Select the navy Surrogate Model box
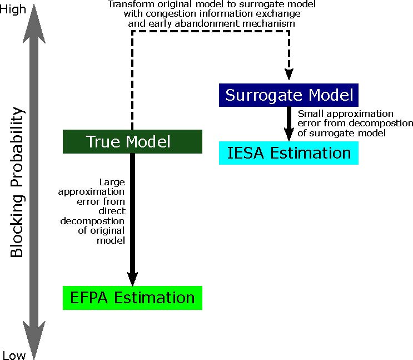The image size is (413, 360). [x=288, y=95]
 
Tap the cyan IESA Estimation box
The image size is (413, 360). [x=288, y=153]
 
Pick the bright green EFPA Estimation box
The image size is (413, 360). [x=132, y=298]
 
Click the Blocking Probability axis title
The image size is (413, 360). [x=17, y=182]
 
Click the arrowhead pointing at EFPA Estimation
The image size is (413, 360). [x=132, y=278]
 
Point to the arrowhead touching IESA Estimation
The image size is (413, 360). [x=288, y=135]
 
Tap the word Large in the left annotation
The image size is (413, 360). [x=112, y=181]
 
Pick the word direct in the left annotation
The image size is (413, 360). [x=113, y=211]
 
